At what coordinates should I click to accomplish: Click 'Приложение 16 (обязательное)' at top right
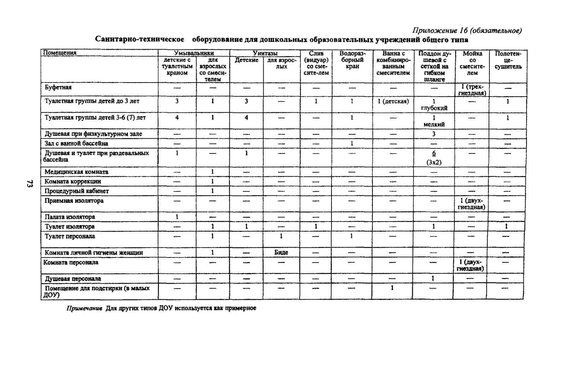[x=467, y=31]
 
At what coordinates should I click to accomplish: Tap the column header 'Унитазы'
[x=265, y=53]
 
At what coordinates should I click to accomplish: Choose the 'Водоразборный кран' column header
[x=352, y=60]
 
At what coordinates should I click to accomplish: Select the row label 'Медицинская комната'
[x=76, y=172]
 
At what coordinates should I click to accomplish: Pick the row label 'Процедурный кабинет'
[x=77, y=191]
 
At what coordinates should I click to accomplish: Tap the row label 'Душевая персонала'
[x=73, y=278]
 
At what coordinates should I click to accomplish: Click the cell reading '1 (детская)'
[x=393, y=101]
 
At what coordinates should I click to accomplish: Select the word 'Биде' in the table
[x=281, y=252]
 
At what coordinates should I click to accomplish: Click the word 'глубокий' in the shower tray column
[x=434, y=108]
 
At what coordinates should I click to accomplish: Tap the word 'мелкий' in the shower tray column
[x=434, y=124]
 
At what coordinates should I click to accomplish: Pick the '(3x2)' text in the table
[x=434, y=162]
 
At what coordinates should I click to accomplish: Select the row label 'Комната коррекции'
[x=73, y=181]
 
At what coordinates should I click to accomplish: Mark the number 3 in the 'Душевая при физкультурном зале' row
[x=434, y=134]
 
